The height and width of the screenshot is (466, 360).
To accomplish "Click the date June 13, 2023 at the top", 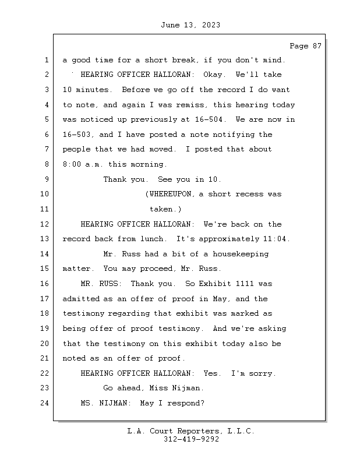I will (x=190, y=25).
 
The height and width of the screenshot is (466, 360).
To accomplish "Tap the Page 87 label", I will (x=305, y=46).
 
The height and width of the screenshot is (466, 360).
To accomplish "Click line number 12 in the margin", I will (x=45, y=224).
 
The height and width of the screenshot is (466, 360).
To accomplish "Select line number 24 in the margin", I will (x=45, y=403).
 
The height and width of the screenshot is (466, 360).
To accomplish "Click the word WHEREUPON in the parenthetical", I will (x=171, y=195).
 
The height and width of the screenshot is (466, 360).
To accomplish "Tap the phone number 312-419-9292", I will (x=191, y=440).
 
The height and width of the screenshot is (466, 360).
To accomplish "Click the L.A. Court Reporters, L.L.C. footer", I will (x=190, y=432).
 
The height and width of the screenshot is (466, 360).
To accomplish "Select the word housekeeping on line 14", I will (x=239, y=254).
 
